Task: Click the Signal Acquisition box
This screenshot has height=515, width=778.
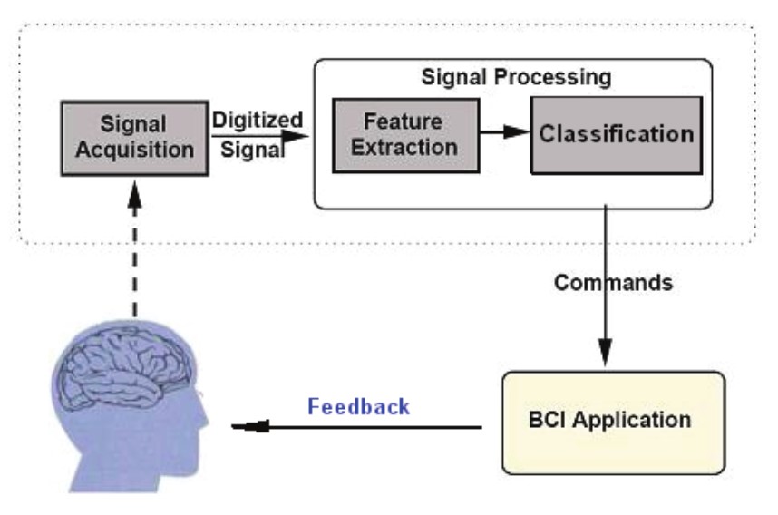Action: tap(134, 137)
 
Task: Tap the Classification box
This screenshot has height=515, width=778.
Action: tap(616, 134)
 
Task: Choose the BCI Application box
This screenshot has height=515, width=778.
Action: tap(613, 422)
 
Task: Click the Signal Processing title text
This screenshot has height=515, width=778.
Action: tap(516, 76)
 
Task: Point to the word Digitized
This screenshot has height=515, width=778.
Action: tap(257, 121)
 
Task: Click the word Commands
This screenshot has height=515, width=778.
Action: tap(614, 283)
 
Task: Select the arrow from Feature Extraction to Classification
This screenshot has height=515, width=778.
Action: tap(504, 132)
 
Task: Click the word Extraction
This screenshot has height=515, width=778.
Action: tap(405, 145)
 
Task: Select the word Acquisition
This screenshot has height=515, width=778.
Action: tap(134, 150)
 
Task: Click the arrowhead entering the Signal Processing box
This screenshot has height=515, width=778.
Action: tap(297, 137)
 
